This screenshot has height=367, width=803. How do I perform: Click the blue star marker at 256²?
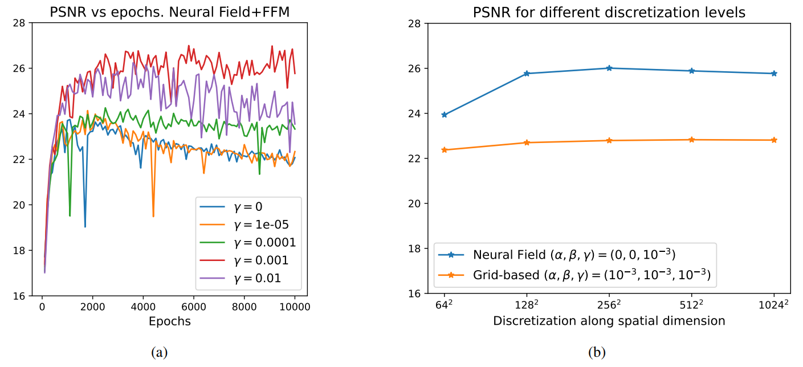coord(609,68)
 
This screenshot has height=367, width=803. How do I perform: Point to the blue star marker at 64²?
coord(445,115)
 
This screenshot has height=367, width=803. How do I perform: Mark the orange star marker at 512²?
coord(691,140)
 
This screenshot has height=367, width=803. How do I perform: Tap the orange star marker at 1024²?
coord(774,140)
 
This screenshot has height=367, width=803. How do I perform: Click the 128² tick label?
coord(527,305)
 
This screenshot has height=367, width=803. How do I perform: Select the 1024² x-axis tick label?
coord(774,305)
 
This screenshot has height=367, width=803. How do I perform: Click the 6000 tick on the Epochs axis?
coord(194,307)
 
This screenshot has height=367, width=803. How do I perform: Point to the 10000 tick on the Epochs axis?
coord(295,307)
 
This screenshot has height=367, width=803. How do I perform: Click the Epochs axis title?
coord(169,321)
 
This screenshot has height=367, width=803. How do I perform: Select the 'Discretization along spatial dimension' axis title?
coord(609,321)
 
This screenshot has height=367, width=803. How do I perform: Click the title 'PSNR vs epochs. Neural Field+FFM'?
coord(170,11)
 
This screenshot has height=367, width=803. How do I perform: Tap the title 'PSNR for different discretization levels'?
coord(609,11)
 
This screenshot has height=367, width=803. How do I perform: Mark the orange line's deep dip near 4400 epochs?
coord(153,216)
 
